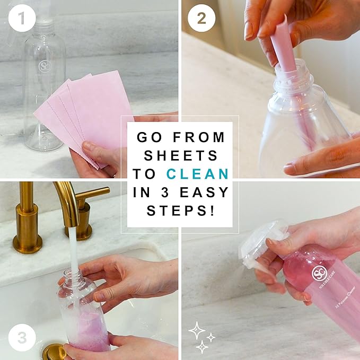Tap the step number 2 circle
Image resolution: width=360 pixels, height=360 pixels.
coord(201,19)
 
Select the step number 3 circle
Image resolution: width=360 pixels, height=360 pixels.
coord(22,338)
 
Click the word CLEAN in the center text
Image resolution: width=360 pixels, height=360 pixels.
coord(198,173)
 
